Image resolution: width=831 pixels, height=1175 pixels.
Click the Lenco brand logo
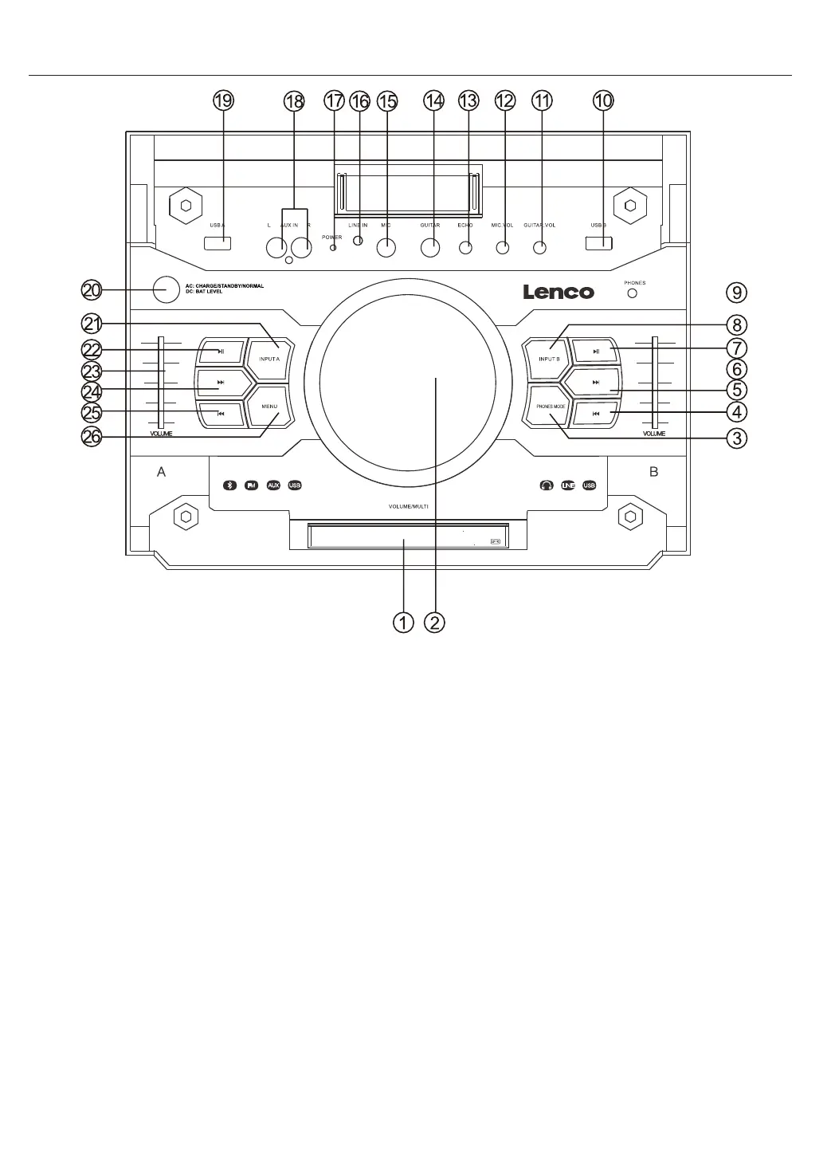pyautogui.click(x=558, y=292)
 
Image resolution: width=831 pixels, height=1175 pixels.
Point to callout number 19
pyautogui.click(x=223, y=100)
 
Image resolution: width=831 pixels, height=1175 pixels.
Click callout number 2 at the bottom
pyautogui.click(x=434, y=622)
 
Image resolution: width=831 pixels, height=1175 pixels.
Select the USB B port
pyautogui.click(x=598, y=243)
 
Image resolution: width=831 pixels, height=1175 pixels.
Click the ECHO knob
pyautogui.click(x=466, y=247)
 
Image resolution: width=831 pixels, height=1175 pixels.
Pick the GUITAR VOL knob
pyautogui.click(x=539, y=247)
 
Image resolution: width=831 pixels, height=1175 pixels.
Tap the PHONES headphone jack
pyautogui.click(x=633, y=293)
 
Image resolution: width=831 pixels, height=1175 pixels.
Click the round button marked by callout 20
pyautogui.click(x=166, y=289)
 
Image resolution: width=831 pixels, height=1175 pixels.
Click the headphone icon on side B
pyautogui.click(x=547, y=485)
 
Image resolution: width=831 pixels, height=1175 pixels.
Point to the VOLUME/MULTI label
pyautogui.click(x=409, y=507)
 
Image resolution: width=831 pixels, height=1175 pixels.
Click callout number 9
pyautogui.click(x=738, y=293)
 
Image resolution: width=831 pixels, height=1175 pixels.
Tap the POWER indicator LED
pyautogui.click(x=334, y=248)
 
